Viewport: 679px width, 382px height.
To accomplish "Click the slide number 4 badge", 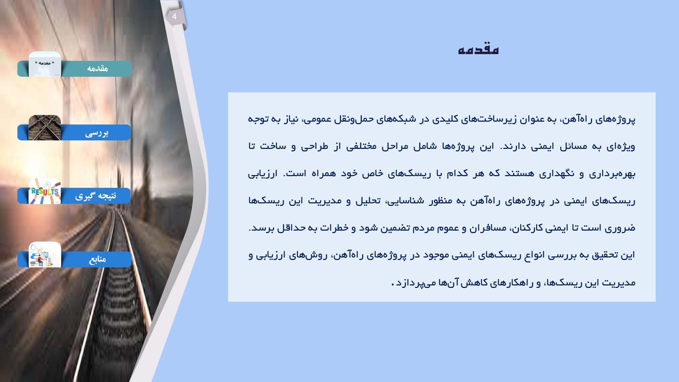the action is [x=174, y=17].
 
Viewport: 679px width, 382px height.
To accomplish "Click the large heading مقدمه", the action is [x=478, y=49].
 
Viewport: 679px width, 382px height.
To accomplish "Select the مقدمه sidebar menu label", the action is [x=97, y=68].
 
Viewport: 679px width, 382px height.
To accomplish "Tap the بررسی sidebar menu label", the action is [x=97, y=133].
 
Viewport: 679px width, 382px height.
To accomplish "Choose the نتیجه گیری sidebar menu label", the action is [x=95, y=196].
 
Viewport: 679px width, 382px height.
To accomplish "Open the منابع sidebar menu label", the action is [x=97, y=259].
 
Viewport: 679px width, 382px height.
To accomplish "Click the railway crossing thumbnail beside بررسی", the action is [x=45, y=128].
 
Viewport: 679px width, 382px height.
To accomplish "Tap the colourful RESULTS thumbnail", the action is [x=45, y=191].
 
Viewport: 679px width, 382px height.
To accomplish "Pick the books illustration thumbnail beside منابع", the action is [x=45, y=255].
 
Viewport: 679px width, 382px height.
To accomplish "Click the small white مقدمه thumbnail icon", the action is [x=45, y=64].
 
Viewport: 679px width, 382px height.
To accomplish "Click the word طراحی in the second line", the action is [x=314, y=146].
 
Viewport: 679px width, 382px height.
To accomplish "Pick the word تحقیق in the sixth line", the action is [x=605, y=255].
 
